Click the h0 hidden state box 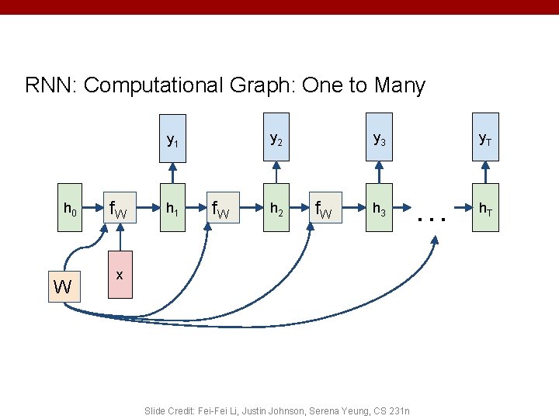point(70,209)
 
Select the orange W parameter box point(63,287)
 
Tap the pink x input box point(120,275)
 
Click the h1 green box point(172,209)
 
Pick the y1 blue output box point(172,141)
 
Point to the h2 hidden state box point(276,209)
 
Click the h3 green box point(379,209)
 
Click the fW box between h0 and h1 point(121,209)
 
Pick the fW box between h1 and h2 point(224,209)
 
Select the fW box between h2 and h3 point(326,209)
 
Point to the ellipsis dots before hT point(431,219)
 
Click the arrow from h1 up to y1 point(172,174)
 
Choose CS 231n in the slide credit point(388,410)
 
